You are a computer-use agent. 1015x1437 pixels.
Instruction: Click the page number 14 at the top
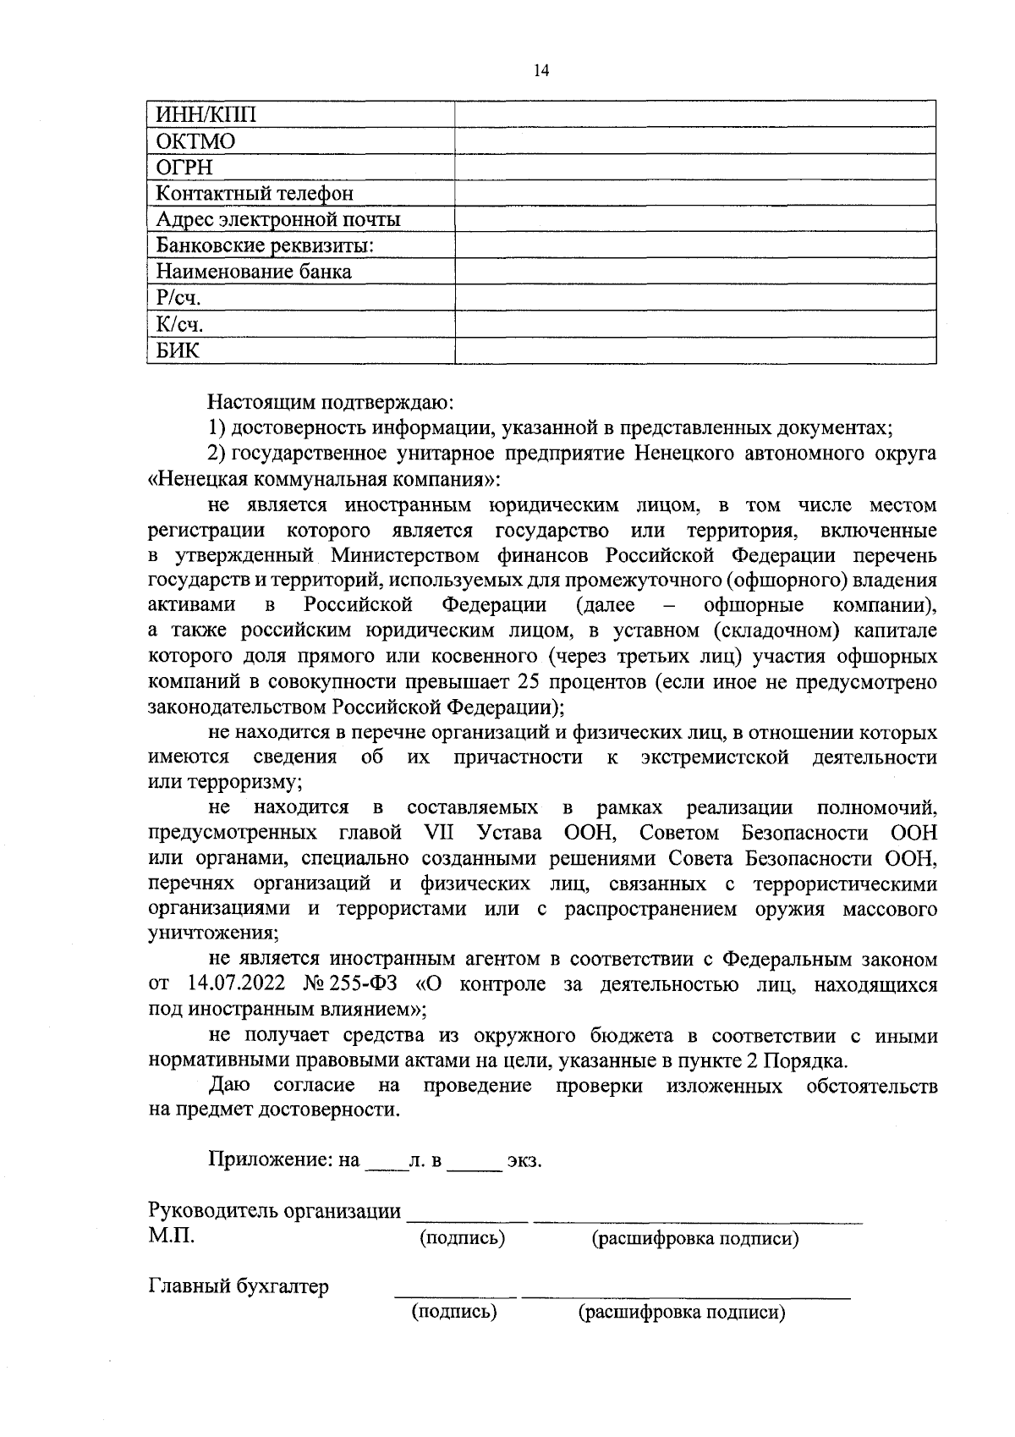(x=541, y=71)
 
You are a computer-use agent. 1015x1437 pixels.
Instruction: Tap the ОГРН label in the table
(x=184, y=167)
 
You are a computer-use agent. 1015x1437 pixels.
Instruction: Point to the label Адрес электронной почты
(x=277, y=220)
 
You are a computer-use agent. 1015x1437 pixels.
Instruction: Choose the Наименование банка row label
(x=253, y=273)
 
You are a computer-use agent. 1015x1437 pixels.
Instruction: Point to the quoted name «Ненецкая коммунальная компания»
(x=324, y=479)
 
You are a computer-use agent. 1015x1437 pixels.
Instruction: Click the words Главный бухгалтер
(x=239, y=1287)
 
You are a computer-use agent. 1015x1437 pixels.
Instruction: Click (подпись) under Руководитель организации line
(x=462, y=1239)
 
